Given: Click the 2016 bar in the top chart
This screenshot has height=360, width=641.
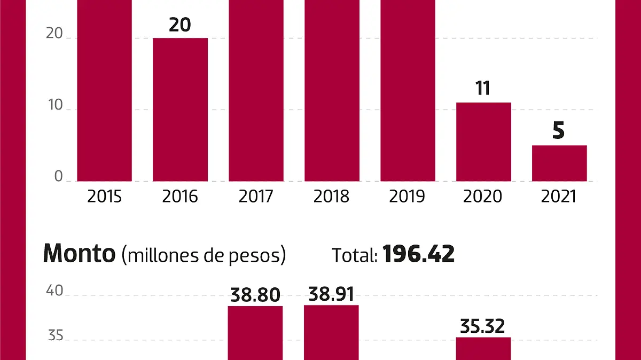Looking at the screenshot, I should tap(180, 109).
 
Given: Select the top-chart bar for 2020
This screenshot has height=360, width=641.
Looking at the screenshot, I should tap(483, 142).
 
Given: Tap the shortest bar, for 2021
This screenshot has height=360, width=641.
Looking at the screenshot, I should tap(559, 163).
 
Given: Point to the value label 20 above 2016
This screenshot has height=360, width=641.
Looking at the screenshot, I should tap(180, 25).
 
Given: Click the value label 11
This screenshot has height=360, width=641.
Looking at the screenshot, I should tap(483, 89).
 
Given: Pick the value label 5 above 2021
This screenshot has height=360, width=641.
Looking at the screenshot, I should tap(559, 131).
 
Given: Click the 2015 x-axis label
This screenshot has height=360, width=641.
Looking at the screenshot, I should tap(105, 197).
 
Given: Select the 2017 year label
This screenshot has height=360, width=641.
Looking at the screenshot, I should tap(256, 197).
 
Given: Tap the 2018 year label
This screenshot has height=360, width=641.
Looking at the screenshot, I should tap(331, 197).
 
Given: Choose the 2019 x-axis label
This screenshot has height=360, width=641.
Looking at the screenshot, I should tap(407, 197).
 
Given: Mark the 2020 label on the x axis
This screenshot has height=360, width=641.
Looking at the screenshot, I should tap(483, 197).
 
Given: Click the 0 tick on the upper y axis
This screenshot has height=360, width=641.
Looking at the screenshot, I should tap(59, 177).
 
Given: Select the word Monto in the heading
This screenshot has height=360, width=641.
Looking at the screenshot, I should tap(79, 254).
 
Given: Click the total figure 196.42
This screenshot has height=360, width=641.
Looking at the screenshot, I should tap(419, 254).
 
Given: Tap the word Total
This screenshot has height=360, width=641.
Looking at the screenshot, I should tap(355, 255).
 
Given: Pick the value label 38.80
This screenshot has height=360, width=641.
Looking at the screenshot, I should tap(255, 295).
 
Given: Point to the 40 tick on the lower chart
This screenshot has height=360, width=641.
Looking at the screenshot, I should tap(56, 291).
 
